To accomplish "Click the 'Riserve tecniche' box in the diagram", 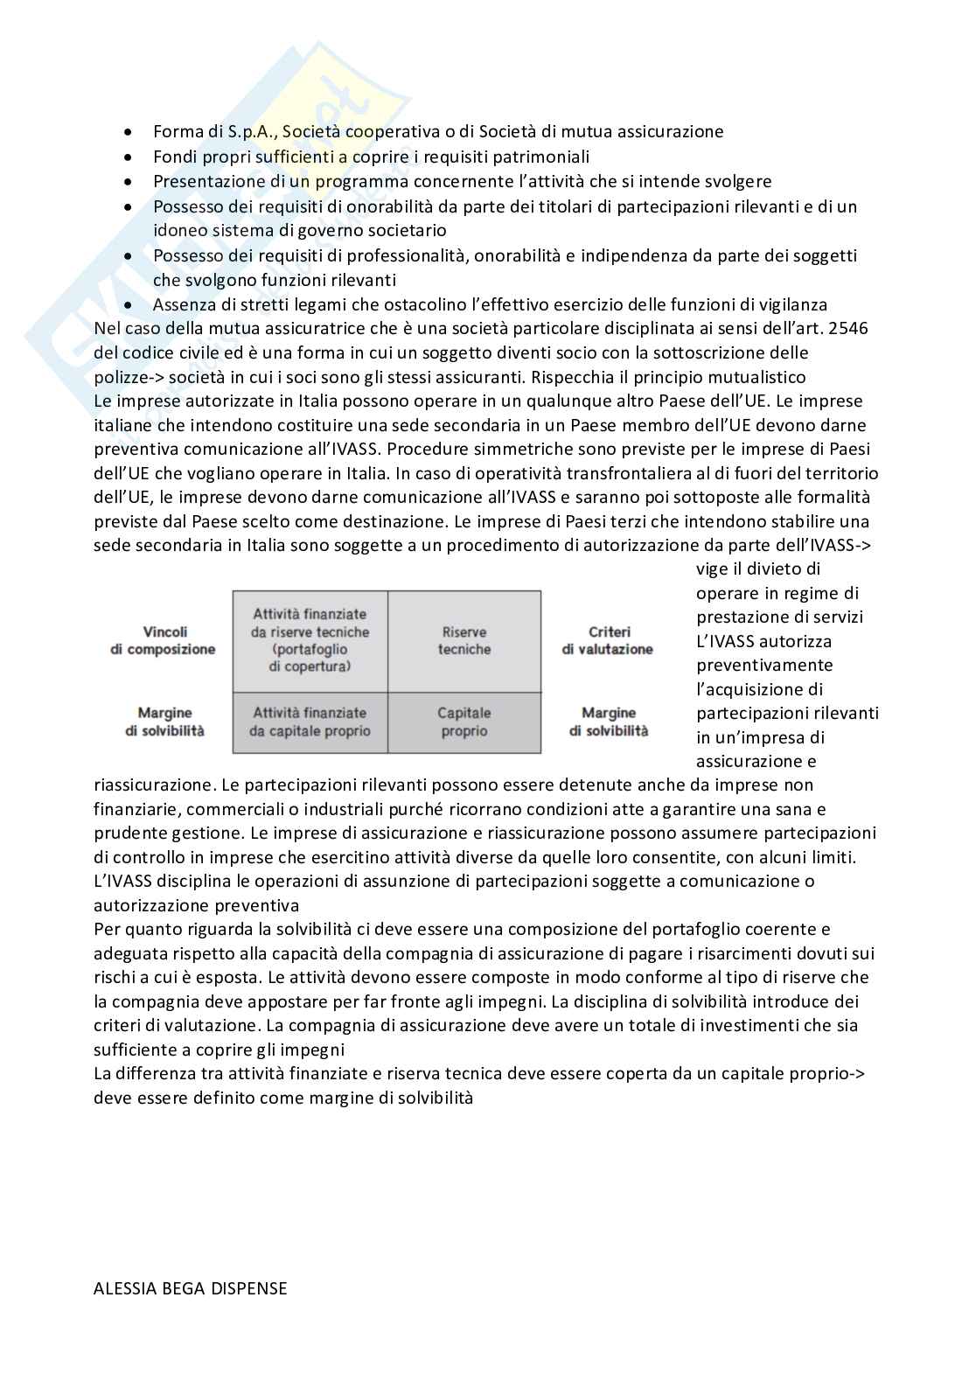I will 464,640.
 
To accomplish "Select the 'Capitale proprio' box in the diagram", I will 464,722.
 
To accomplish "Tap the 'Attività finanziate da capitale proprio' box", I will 310,722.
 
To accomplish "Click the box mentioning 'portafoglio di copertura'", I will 310,640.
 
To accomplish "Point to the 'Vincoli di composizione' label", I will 163,640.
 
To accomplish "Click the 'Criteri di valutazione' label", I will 608,640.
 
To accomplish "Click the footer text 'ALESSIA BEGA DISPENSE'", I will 190,1288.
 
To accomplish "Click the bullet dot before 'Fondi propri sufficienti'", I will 129,157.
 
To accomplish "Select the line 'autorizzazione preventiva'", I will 196,905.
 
